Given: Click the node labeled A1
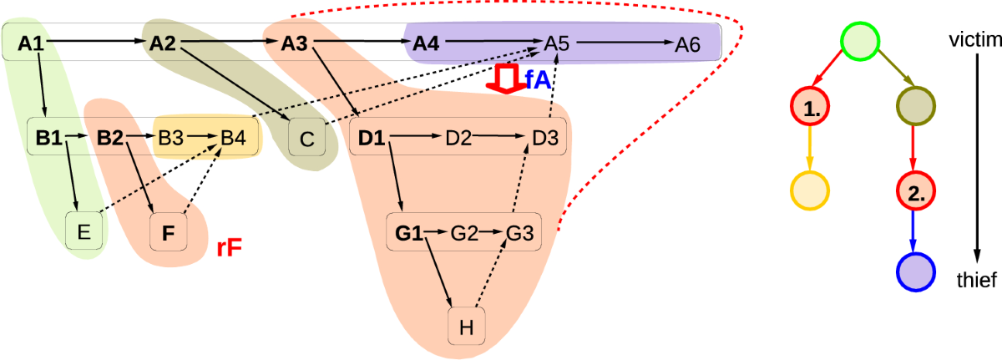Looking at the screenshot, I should [31, 44].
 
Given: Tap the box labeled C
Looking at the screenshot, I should [306, 139].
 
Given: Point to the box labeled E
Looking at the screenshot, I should [84, 231].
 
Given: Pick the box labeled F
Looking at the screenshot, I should [168, 231].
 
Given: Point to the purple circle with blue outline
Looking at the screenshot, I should [914, 272].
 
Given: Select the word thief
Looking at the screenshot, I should [975, 281].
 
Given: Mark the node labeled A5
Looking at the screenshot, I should [557, 44].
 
